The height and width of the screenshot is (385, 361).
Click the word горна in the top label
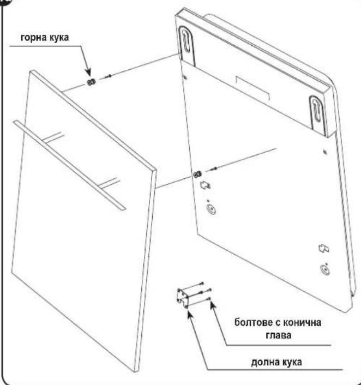click(x=33, y=38)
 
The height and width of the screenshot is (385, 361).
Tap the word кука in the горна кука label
click(x=59, y=38)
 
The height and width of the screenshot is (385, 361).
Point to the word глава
click(x=279, y=335)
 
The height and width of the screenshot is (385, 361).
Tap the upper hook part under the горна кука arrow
click(x=91, y=82)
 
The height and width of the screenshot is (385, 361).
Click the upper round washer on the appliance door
click(x=211, y=209)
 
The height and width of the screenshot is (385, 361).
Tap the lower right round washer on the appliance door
click(x=325, y=269)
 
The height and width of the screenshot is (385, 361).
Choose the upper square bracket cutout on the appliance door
click(x=205, y=185)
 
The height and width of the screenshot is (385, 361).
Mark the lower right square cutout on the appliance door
click(x=324, y=249)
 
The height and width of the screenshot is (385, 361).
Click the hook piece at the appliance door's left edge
click(x=197, y=175)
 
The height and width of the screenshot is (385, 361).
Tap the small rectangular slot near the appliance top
click(x=252, y=87)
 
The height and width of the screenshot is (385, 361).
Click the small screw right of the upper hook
click(x=108, y=76)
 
